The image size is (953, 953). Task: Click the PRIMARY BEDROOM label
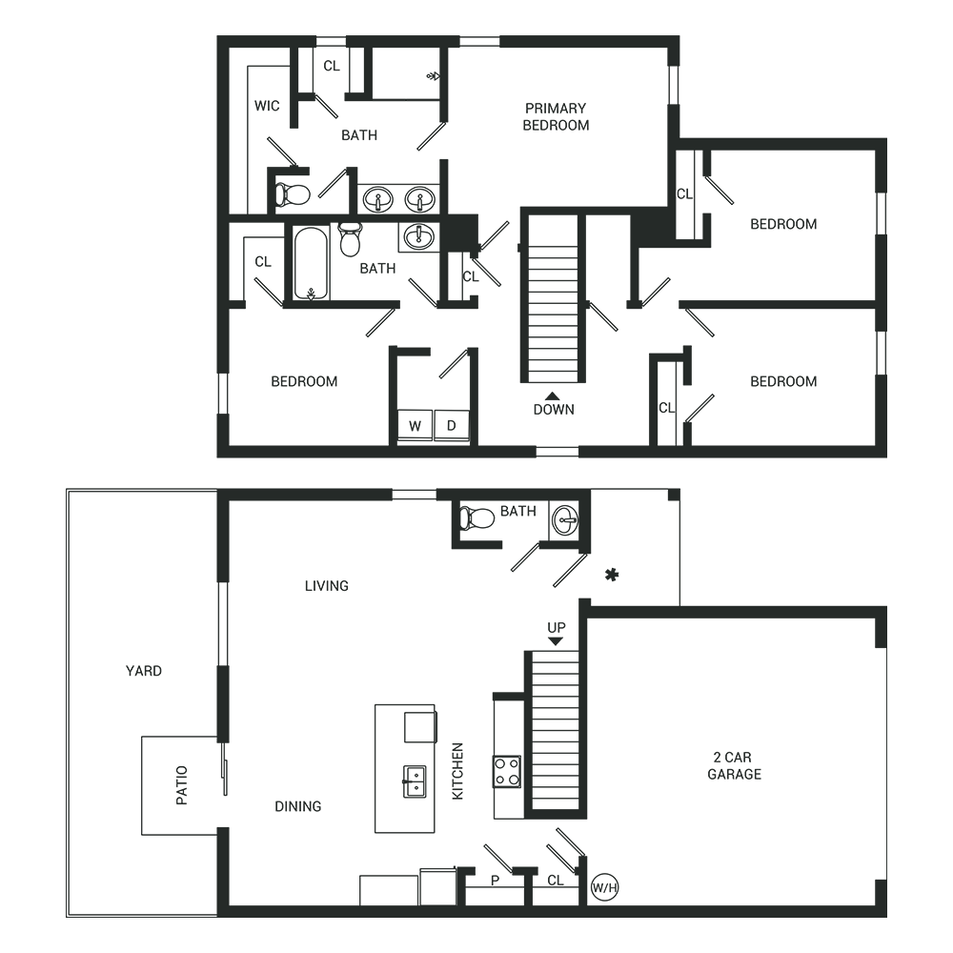(556, 116)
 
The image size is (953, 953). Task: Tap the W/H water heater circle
(605, 887)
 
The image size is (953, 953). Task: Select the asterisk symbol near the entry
(612, 575)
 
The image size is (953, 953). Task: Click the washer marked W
(415, 425)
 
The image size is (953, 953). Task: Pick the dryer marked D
(452, 425)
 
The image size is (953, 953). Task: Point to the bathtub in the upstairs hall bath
(311, 263)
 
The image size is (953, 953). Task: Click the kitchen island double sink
(415, 781)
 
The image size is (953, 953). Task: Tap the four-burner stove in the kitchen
(507, 771)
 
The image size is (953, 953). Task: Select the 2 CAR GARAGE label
(734, 766)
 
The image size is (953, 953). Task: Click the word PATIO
(182, 785)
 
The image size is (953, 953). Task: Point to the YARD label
(144, 671)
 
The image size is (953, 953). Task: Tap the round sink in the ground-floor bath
(565, 520)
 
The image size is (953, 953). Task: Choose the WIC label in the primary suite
(267, 106)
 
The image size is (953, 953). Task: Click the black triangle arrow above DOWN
(553, 395)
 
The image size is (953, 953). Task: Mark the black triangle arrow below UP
(556, 641)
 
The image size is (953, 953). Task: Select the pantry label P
(495, 880)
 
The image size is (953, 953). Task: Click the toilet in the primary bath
(293, 194)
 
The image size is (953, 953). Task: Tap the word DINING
(297, 806)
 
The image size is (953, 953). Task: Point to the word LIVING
(326, 586)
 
